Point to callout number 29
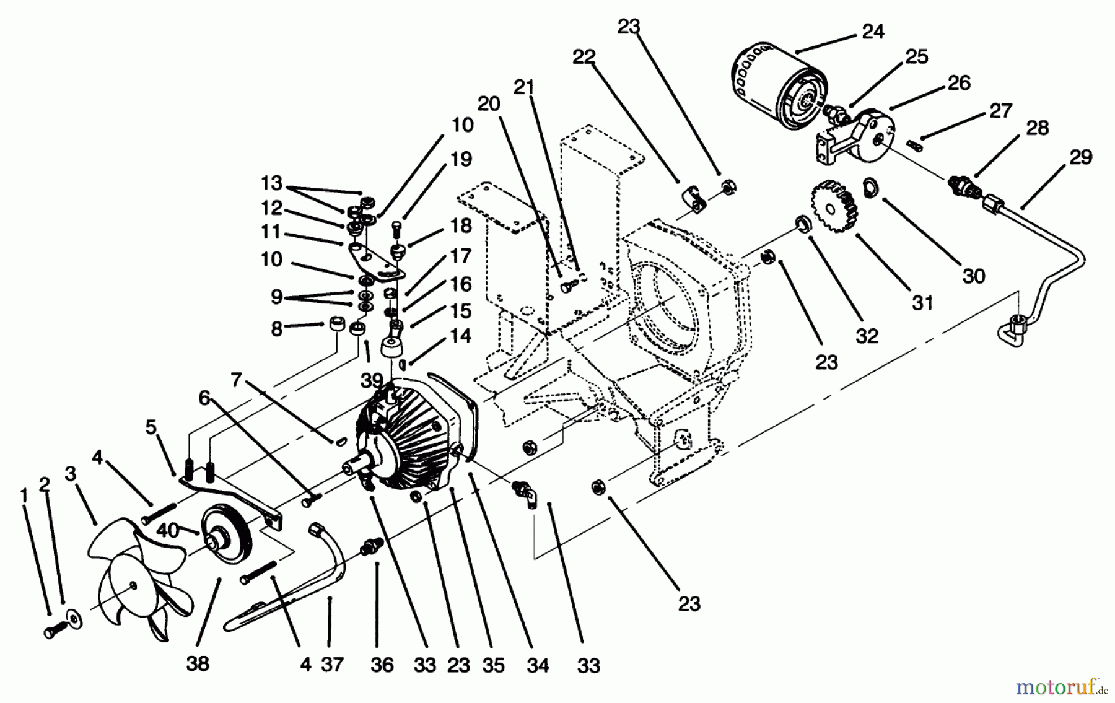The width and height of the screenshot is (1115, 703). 1080,157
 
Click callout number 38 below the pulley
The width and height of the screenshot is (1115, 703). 198,663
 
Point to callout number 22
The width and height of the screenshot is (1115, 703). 584,57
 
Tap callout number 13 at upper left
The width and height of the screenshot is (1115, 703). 271,183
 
